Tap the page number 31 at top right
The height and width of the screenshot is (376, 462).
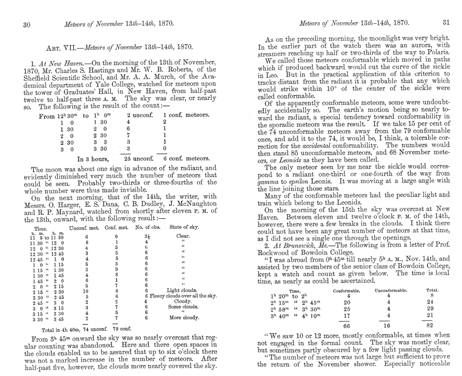pos(446,21)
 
